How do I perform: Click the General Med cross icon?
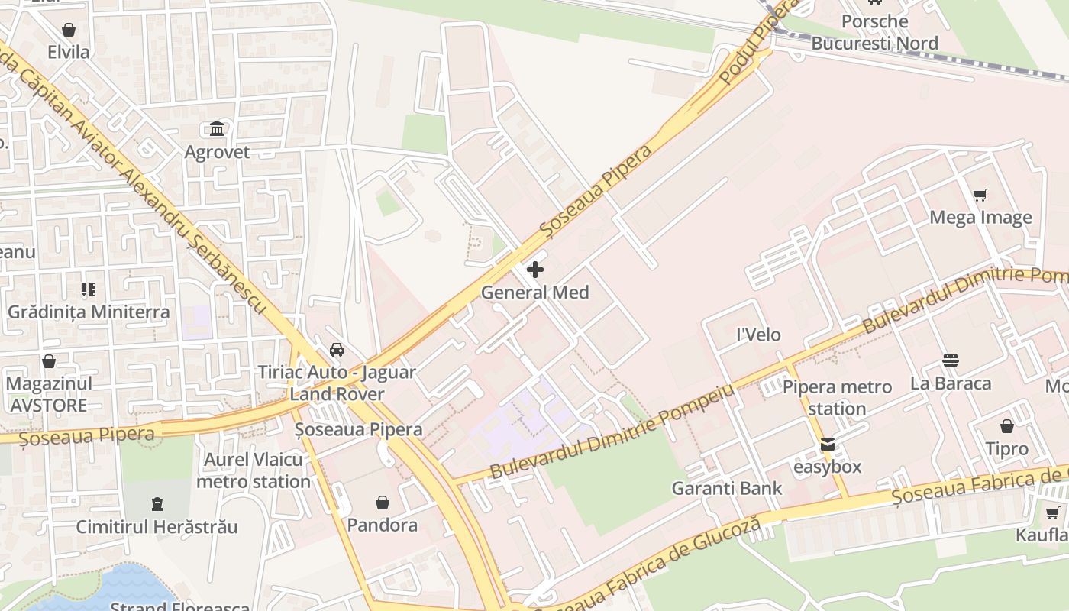pos(535,270)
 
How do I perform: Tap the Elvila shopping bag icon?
pos(69,30)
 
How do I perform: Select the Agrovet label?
pos(217,152)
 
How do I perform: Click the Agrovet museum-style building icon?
pos(217,128)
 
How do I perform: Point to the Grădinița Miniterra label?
pos(89,312)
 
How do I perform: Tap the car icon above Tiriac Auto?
pos(336,350)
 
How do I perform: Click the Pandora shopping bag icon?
pos(383,503)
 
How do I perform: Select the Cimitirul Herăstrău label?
pos(157,527)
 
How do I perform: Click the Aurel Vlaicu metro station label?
pos(254,470)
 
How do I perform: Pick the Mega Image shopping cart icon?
pos(980,196)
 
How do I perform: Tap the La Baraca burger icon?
pos(951,360)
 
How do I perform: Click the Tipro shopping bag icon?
pos(1007,426)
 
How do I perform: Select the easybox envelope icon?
pos(828,445)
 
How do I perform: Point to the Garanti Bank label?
pos(727,488)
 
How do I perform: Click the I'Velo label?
pos(758,335)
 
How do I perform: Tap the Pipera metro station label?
pos(837,397)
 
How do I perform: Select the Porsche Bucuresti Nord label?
pos(874,32)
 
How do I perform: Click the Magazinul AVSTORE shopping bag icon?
pos(49,360)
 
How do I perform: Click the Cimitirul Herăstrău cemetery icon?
pos(157,504)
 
